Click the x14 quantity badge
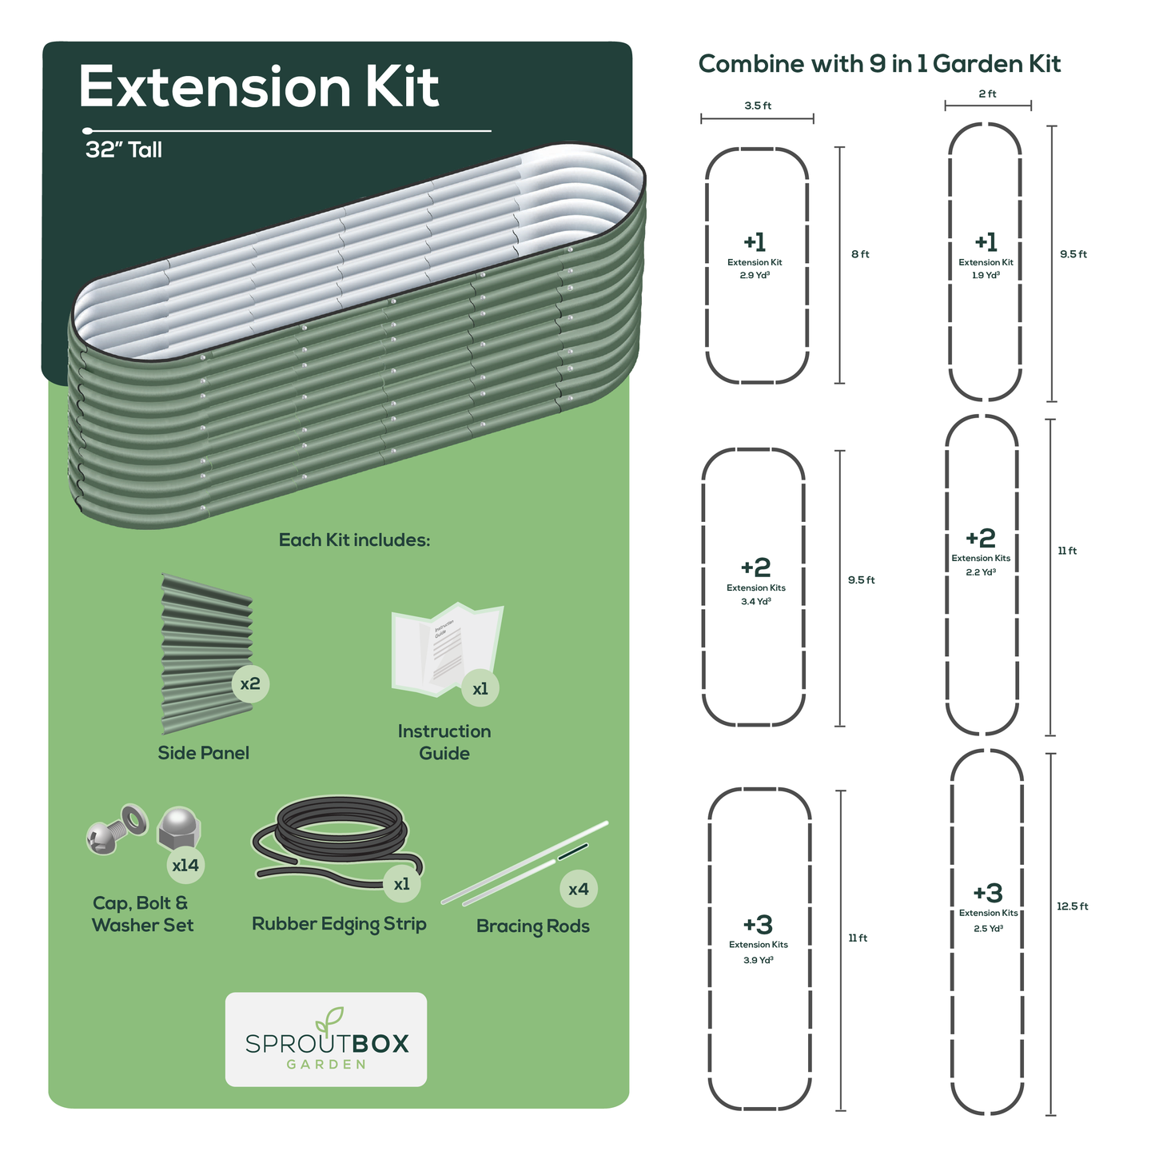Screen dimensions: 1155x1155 [x=185, y=865]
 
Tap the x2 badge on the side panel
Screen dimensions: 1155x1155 [x=250, y=684]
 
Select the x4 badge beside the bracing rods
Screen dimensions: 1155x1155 [x=578, y=889]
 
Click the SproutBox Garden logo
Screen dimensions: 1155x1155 [x=326, y=1039]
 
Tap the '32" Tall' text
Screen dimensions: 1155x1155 [x=124, y=150]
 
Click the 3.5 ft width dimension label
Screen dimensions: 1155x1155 [x=758, y=106]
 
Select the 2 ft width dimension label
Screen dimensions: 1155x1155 [x=987, y=94]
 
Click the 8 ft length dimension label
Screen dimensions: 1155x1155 [x=860, y=254]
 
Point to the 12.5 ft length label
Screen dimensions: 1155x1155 [x=1072, y=906]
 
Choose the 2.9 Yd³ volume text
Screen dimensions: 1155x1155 [x=755, y=275]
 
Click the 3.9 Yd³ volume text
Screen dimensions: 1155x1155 [x=758, y=960]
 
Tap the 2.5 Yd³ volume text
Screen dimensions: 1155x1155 [x=988, y=929]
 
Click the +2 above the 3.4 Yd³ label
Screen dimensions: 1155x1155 [x=755, y=568]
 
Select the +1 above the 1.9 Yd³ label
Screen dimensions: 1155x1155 [x=986, y=241]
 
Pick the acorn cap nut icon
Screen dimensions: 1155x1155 [x=179, y=829]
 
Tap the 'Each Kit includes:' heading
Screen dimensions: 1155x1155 [x=354, y=540]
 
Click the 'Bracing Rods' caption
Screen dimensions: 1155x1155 [x=532, y=926]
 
